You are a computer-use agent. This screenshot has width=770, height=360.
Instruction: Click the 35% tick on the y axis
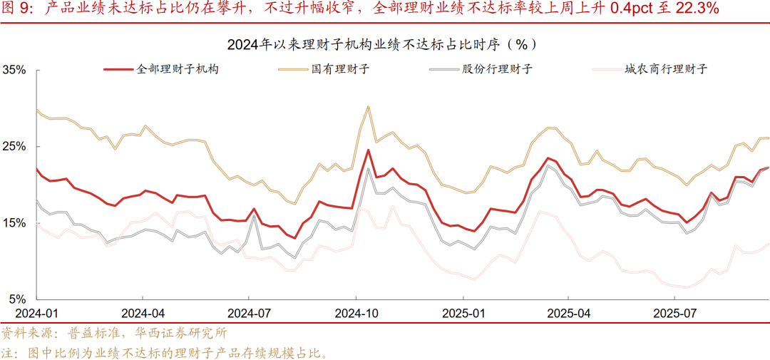pos(14,70)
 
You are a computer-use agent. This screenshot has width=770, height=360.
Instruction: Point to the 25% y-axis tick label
pos(14,146)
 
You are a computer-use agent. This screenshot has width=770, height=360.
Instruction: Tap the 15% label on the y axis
pos(14,223)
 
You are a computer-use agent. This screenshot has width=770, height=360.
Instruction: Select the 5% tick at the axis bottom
pos(17,299)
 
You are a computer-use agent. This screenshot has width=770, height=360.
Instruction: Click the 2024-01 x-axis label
pos(37,313)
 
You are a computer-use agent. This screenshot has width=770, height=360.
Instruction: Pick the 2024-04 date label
pos(143,313)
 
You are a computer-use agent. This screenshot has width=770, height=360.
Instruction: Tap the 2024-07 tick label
pos(249,313)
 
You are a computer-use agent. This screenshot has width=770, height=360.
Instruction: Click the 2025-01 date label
pos(463,313)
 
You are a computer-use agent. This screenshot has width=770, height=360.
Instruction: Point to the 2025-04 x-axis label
pos(568,313)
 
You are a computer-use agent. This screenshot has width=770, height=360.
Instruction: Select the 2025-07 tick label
pos(674,313)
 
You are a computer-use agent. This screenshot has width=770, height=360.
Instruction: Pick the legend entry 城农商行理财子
pos(664,69)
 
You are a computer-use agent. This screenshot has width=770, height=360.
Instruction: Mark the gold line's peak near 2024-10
pos(368,107)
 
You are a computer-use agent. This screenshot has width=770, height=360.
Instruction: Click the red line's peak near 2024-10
pos(368,150)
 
